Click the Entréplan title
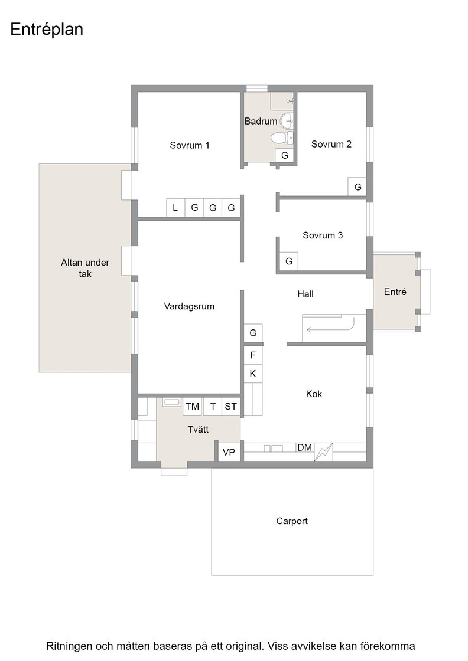(47, 30)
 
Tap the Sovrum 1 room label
(190, 145)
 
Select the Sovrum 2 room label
(331, 144)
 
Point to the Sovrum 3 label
(323, 235)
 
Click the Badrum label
(261, 122)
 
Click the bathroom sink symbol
(287, 120)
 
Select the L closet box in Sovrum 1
(175, 207)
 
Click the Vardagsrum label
(189, 306)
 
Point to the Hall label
(305, 294)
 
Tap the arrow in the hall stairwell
(330, 328)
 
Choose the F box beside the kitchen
(253, 355)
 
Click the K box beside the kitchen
(253, 374)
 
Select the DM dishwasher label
(305, 447)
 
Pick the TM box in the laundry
(193, 407)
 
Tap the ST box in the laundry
(231, 407)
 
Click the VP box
(229, 452)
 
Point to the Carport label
(292, 521)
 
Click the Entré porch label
(395, 292)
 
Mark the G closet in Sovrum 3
(289, 261)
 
